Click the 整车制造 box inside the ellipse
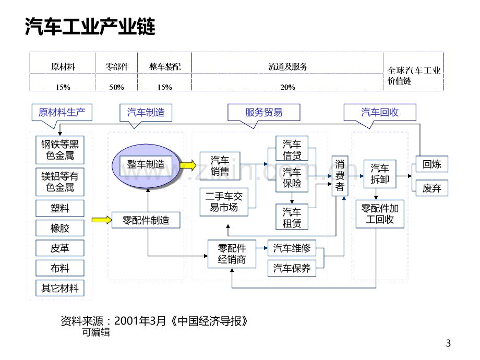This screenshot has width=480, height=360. [146, 166]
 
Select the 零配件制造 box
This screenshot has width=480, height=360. [146, 220]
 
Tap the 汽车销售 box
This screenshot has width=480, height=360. [220, 166]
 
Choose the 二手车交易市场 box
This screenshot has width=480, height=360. [224, 202]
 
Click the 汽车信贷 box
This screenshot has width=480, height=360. [292, 149]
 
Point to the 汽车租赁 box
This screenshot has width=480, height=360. [292, 217]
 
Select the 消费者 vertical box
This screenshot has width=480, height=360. [340, 176]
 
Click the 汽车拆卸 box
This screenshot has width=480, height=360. [380, 174]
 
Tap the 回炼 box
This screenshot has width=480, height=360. [431, 164]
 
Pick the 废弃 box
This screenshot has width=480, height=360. [431, 188]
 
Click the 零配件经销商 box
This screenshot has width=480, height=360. [232, 254]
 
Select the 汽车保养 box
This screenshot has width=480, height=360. [292, 269]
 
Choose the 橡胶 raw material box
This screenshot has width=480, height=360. [60, 228]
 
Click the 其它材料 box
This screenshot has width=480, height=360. [60, 288]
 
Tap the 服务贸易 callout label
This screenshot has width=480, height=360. [264, 113]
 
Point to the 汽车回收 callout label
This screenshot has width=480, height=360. [380, 113]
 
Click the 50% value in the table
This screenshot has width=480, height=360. [117, 87]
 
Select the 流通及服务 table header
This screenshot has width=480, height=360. [288, 67]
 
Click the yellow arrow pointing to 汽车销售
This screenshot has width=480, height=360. [188, 165]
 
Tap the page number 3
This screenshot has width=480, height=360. [448, 343]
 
